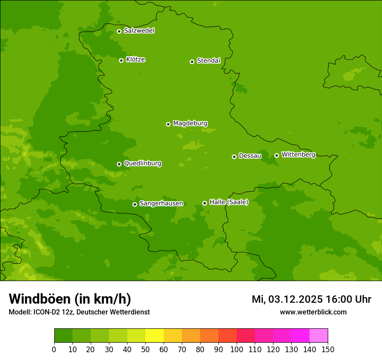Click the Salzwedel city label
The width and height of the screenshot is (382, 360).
(139, 31)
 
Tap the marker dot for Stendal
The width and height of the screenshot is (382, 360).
(192, 62)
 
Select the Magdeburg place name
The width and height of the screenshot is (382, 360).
(190, 124)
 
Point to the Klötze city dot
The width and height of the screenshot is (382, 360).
(121, 60)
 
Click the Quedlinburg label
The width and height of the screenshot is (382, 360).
(142, 164)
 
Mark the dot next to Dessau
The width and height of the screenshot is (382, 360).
(234, 157)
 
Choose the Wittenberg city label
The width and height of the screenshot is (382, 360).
(298, 154)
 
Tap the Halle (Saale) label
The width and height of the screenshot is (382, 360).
(229, 202)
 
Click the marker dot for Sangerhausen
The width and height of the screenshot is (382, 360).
(135, 204)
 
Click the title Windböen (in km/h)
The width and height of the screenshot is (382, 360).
(70, 299)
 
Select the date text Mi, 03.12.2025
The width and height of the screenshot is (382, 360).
(286, 299)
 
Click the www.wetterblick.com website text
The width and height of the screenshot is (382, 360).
(313, 312)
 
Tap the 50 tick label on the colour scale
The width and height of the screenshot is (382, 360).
(145, 349)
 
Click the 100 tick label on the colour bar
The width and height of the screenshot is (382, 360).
(237, 349)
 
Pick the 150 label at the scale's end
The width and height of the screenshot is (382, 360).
(328, 349)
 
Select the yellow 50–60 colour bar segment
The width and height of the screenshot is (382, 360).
(155, 336)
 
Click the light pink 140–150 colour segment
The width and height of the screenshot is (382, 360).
(319, 336)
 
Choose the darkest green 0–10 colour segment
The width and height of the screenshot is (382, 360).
(63, 336)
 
